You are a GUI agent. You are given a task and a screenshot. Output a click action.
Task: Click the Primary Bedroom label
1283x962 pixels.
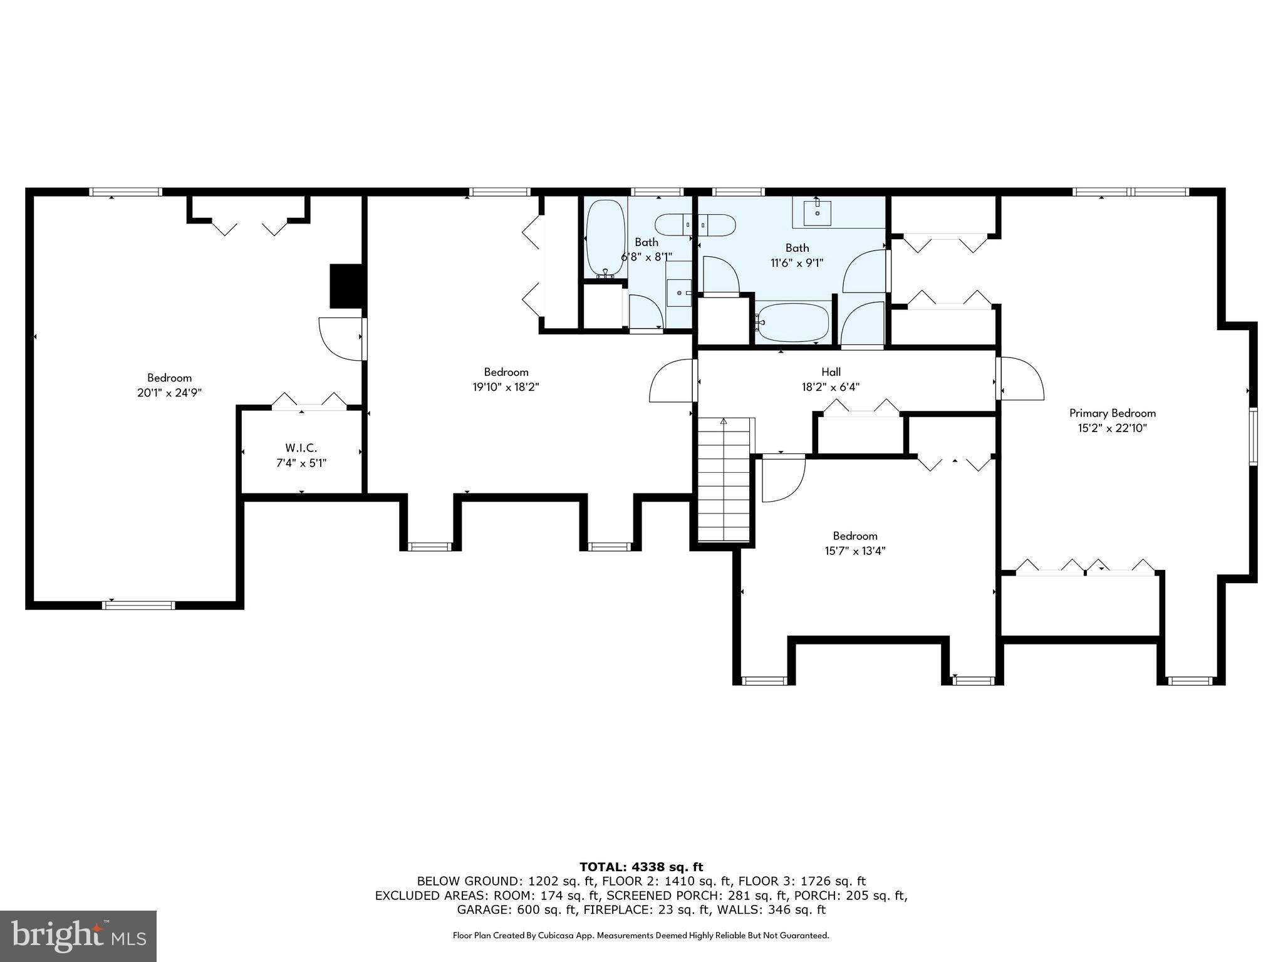[x=1112, y=413]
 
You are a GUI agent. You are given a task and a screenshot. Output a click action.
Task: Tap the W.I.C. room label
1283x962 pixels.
[x=301, y=448]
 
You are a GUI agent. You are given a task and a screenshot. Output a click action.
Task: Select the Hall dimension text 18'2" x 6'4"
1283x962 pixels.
[x=831, y=388]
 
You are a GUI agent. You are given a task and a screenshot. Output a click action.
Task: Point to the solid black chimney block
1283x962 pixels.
[x=346, y=286]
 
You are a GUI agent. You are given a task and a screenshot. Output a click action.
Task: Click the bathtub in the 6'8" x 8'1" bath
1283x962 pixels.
[x=605, y=238]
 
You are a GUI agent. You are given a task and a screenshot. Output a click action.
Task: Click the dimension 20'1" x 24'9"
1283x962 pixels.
[x=169, y=393]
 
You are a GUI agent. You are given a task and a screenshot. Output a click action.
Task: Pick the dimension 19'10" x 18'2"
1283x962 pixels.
[x=506, y=388]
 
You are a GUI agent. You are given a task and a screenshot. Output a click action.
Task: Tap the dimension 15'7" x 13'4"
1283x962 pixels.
[x=854, y=551]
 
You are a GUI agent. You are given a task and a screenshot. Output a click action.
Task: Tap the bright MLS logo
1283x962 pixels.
[x=78, y=936]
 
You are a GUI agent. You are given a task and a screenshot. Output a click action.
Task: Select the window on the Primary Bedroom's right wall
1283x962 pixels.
[x=1253, y=436]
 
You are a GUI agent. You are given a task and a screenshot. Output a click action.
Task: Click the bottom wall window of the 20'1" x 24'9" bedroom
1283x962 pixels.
[x=138, y=605]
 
